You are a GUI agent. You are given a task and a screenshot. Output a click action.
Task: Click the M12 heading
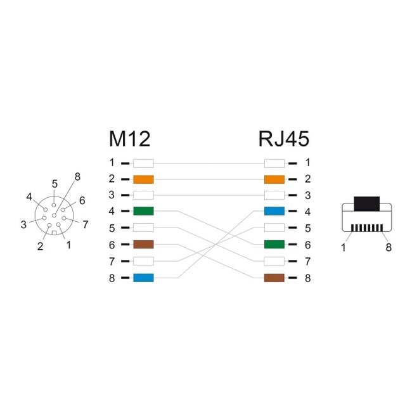[x=130, y=138]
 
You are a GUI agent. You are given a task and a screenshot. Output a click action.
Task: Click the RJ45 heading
[x=283, y=138]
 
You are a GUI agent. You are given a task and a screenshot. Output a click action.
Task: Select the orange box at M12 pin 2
[x=143, y=179]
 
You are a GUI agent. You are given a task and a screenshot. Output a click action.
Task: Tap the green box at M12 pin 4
[x=143, y=212]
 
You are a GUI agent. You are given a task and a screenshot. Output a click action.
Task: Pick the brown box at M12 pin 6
[x=143, y=245]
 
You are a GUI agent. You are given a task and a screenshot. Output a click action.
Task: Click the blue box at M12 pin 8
[x=143, y=278]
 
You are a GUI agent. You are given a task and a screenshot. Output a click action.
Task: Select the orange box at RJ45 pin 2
[x=274, y=179]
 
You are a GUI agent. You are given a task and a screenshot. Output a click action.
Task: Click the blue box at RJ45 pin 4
[x=274, y=212]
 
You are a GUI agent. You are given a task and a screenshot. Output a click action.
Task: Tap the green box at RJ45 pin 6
[x=274, y=245]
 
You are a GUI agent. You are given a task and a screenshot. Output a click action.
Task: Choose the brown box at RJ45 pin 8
[x=274, y=278]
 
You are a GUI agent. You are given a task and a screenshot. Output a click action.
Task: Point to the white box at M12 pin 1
[x=143, y=162]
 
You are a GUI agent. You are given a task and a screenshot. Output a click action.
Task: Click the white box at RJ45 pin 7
[x=274, y=261]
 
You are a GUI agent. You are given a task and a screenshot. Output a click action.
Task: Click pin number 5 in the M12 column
[x=112, y=228]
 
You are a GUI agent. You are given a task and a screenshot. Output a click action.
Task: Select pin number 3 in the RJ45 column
[x=307, y=195]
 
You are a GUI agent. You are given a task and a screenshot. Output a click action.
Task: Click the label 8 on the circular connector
[x=77, y=176]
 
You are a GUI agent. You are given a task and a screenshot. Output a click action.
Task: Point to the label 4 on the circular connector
[x=29, y=196]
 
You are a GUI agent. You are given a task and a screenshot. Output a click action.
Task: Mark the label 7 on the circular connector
[x=85, y=224]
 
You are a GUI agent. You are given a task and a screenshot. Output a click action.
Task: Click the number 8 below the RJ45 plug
[x=389, y=248]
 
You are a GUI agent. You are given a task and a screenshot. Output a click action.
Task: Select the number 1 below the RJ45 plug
[x=344, y=248]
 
